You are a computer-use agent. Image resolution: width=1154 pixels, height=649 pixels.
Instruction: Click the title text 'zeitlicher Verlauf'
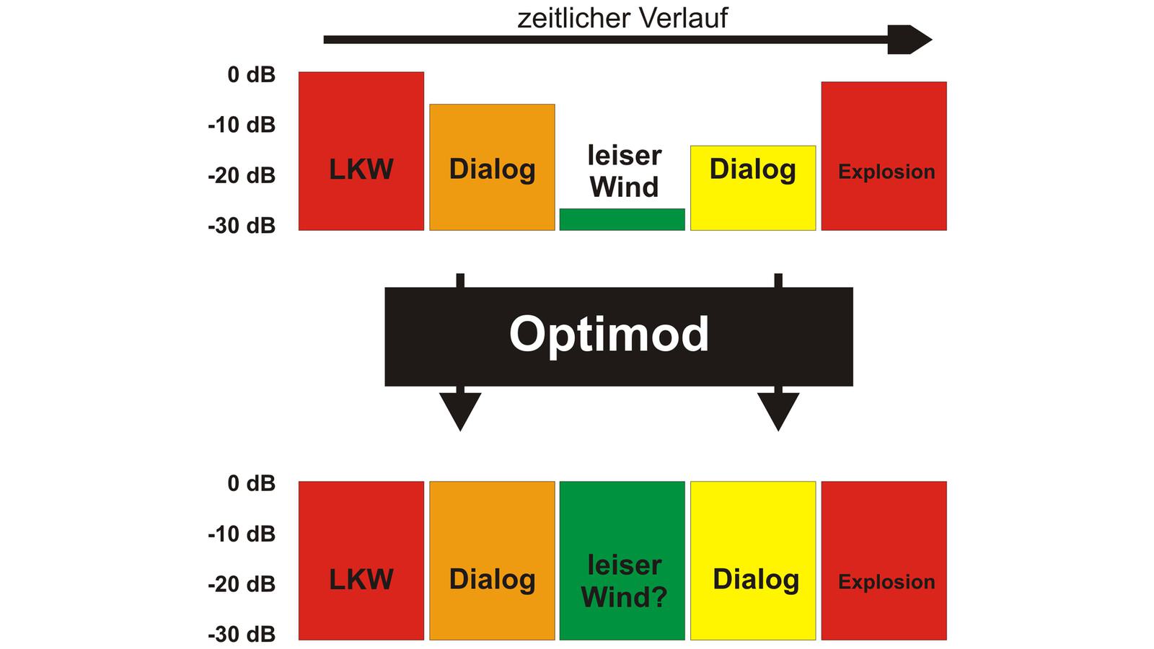[x=622, y=18]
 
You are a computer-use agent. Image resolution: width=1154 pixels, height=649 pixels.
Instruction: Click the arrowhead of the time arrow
[x=910, y=40]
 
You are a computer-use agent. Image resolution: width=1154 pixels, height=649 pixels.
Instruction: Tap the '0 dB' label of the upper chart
[x=251, y=74]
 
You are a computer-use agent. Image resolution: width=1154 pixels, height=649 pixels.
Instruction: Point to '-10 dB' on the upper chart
[x=242, y=125]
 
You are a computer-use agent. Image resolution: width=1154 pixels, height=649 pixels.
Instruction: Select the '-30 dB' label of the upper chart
[x=242, y=226]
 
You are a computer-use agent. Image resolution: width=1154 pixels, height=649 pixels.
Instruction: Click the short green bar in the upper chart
[x=622, y=220]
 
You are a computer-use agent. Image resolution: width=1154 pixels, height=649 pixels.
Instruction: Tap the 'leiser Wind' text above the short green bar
[x=624, y=172]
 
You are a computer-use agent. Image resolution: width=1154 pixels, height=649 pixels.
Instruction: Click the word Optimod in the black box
[x=609, y=334]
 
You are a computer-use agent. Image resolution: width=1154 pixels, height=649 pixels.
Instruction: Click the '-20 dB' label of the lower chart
[x=242, y=584]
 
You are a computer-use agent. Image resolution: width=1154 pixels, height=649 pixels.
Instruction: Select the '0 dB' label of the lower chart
[x=251, y=483]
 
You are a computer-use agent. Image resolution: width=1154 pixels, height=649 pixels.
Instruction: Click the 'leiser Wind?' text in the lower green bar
[x=624, y=581]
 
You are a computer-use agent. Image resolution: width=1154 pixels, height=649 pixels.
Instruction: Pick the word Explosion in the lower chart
[x=886, y=582]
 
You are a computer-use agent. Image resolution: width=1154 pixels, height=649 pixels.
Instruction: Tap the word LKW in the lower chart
[x=361, y=580]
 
